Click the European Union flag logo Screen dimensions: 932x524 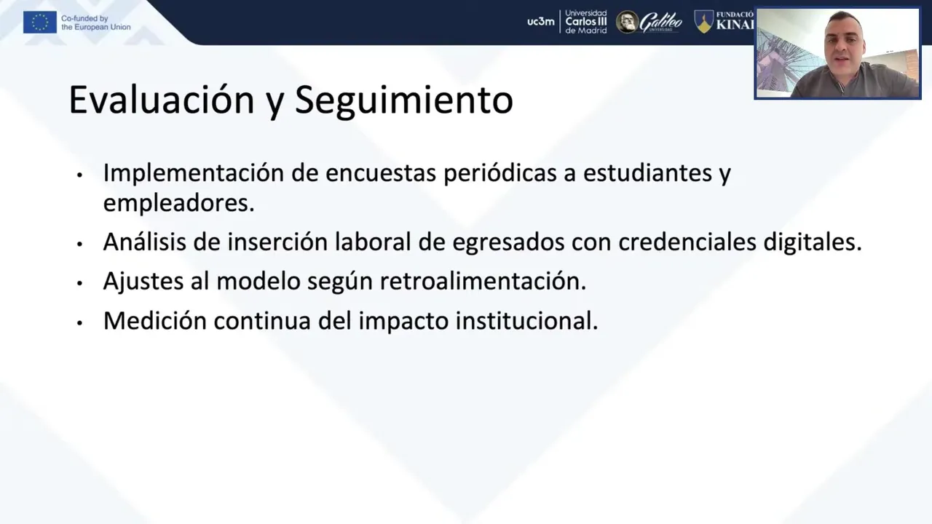40,22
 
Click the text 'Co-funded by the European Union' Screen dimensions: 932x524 95,23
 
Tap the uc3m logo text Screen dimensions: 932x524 541,22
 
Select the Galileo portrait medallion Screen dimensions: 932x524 627,22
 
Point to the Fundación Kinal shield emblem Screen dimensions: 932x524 704,22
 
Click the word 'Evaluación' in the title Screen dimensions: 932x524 162,100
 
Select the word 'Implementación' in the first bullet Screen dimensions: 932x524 194,173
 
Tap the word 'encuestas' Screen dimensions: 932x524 381,173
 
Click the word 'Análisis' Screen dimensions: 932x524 144,242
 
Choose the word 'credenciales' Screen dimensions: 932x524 687,242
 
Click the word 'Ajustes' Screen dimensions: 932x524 143,282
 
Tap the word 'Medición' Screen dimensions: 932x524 155,321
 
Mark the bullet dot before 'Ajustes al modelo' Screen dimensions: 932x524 80,284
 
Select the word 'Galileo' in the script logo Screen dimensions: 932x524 660,22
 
